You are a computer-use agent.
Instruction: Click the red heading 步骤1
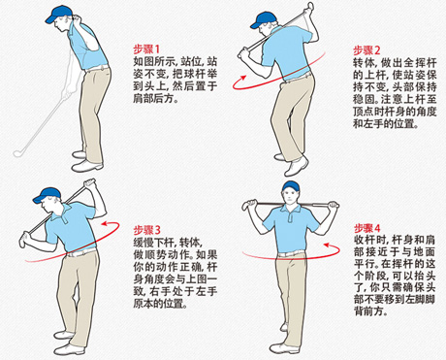(x=146, y=49)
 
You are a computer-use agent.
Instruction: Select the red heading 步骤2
(x=366, y=50)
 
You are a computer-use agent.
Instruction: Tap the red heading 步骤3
(x=147, y=230)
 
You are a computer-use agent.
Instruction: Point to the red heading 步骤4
(x=367, y=228)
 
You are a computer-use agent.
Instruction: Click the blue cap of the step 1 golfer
(x=57, y=14)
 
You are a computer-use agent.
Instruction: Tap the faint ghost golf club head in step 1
(x=19, y=152)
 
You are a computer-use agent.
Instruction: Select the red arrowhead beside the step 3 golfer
(x=105, y=223)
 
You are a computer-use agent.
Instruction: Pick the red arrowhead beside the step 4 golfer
(x=327, y=245)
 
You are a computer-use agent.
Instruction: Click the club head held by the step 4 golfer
(x=248, y=205)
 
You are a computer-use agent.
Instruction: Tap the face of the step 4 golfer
(x=291, y=197)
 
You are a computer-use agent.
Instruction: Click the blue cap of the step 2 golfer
(x=263, y=20)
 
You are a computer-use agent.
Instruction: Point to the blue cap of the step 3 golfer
(x=47, y=195)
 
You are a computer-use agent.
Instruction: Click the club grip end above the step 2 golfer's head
(x=309, y=6)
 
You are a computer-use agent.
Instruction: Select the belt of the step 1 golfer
(x=97, y=68)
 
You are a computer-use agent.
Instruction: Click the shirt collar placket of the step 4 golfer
(x=292, y=215)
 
